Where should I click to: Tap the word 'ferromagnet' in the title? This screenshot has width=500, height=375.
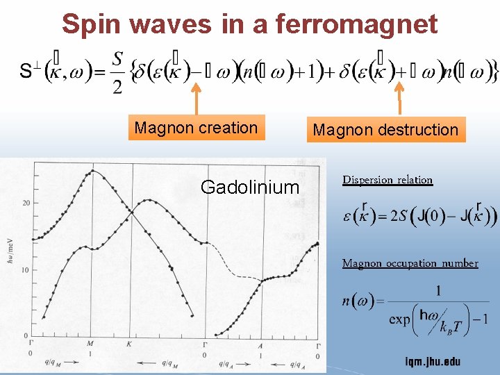pyautogui.click(x=357, y=24)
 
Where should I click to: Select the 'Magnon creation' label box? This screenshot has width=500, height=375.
pyautogui.click(x=196, y=128)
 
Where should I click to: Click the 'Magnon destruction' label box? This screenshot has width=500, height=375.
pyautogui.click(x=385, y=129)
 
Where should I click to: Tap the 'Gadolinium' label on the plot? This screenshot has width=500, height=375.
pyautogui.click(x=249, y=187)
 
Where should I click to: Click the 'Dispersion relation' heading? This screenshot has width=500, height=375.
pyautogui.click(x=387, y=180)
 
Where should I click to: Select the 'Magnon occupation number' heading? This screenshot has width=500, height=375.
pyautogui.click(x=410, y=263)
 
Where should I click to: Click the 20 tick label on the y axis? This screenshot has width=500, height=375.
pyautogui.click(x=25, y=203)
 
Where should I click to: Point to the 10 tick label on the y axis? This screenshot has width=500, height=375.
pyautogui.click(x=25, y=269)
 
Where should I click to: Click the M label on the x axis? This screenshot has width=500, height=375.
pyautogui.click(x=90, y=344)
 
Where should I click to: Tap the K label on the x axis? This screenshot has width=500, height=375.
pyautogui.click(x=129, y=344)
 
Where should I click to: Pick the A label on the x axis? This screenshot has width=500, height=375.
pyautogui.click(x=260, y=344)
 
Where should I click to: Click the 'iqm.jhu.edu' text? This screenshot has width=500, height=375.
pyautogui.click(x=432, y=362)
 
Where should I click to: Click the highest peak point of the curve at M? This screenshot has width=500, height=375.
pyautogui.click(x=91, y=171)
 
